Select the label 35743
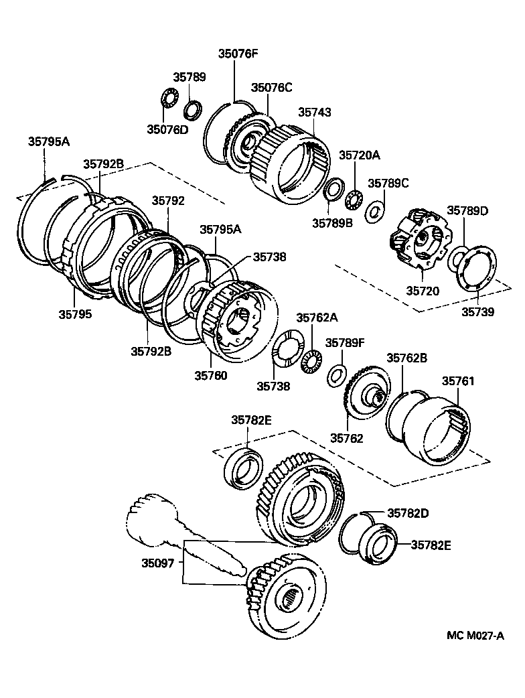(x=314, y=113)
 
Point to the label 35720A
(x=359, y=155)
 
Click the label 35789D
(x=467, y=211)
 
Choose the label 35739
(x=477, y=311)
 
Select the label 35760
(x=211, y=375)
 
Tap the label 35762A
(x=317, y=318)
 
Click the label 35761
(x=457, y=381)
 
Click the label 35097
(x=159, y=563)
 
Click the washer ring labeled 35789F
(x=336, y=376)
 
